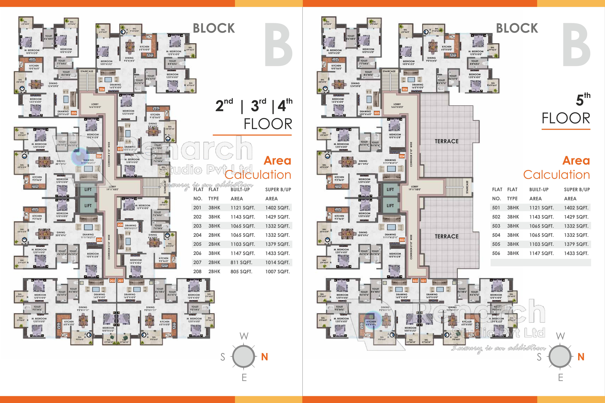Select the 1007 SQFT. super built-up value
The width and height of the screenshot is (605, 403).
tap(277, 272)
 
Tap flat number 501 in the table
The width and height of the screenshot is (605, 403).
tap(496, 208)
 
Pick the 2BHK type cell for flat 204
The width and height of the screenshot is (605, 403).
tap(214, 235)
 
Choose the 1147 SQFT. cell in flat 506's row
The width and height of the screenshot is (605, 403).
tap(541, 253)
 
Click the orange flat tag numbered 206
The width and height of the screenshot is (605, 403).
tap(102, 89)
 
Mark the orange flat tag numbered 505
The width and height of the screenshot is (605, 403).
tap(377, 113)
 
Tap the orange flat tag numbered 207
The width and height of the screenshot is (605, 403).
tap(120, 149)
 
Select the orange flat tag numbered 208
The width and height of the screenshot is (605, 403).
tap(120, 225)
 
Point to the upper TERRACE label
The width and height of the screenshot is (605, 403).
tap(447, 141)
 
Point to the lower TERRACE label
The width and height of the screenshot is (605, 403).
tap(447, 236)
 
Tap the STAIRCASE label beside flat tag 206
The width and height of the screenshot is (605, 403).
tap(87, 71)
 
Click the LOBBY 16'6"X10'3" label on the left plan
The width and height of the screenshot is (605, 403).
tap(95, 106)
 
